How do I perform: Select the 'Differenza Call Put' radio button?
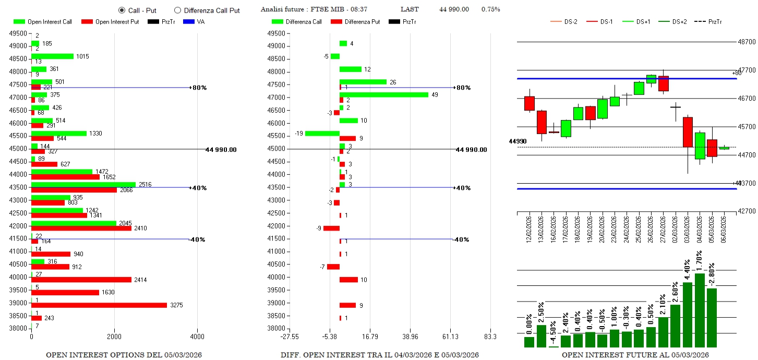tap(177, 10)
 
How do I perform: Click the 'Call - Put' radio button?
tap(122, 10)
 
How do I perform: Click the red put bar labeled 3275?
tap(99, 305)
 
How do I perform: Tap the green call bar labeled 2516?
tap(83, 185)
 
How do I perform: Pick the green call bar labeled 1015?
tap(52, 56)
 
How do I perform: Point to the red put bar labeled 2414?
tap(81, 280)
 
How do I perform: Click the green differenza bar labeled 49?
tap(384, 94)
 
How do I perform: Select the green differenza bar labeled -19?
tap(322, 133)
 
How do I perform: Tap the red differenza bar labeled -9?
tap(331, 228)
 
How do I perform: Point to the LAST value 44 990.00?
tap(454, 9)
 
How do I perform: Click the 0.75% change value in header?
tap(490, 9)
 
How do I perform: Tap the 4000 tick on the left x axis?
tap(197, 337)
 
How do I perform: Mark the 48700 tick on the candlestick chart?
tap(747, 42)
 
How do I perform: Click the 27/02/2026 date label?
tap(664, 227)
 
